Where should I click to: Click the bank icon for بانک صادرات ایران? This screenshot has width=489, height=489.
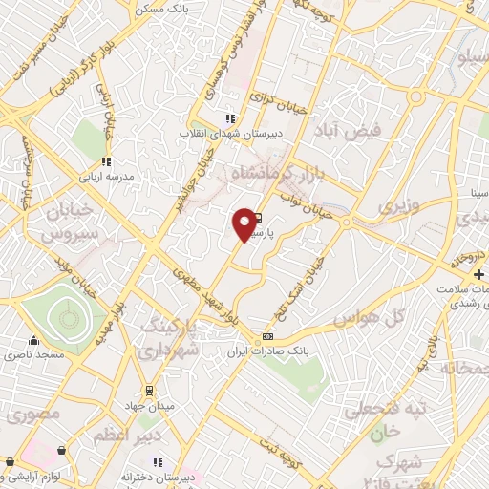click(x=267, y=336)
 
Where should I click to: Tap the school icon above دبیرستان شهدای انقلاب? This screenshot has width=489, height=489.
click(x=229, y=118)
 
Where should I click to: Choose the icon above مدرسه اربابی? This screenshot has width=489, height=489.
click(x=106, y=160)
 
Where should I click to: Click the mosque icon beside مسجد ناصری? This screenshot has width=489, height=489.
click(x=34, y=341)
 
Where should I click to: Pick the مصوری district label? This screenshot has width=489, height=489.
click(x=34, y=414)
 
